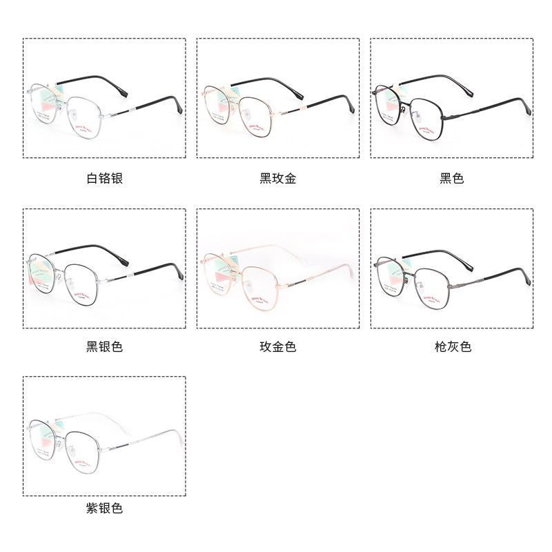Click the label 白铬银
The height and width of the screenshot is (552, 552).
tap(104, 179)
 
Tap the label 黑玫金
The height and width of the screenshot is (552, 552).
tap(278, 179)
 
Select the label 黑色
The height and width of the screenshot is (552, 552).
tap(452, 179)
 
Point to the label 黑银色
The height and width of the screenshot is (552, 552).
tap(104, 346)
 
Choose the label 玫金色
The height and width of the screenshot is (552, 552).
tap(278, 346)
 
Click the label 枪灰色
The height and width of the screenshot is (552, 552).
tap(452, 346)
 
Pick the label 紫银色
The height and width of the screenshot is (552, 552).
tap(104, 509)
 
